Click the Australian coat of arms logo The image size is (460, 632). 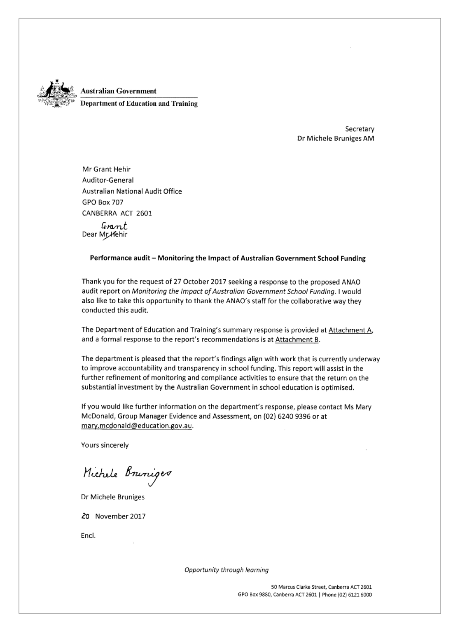[x=56, y=94]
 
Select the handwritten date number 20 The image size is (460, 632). [x=86, y=516]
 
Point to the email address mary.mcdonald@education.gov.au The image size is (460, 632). [x=137, y=426]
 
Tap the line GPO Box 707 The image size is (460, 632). [x=103, y=202]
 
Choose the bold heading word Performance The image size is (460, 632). [x=110, y=259]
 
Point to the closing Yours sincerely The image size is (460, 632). [x=105, y=445]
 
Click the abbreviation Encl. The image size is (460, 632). [x=88, y=536]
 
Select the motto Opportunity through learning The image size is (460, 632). [x=226, y=570]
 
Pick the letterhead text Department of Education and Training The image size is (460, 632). [x=139, y=104]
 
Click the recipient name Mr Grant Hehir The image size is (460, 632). [x=107, y=169]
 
